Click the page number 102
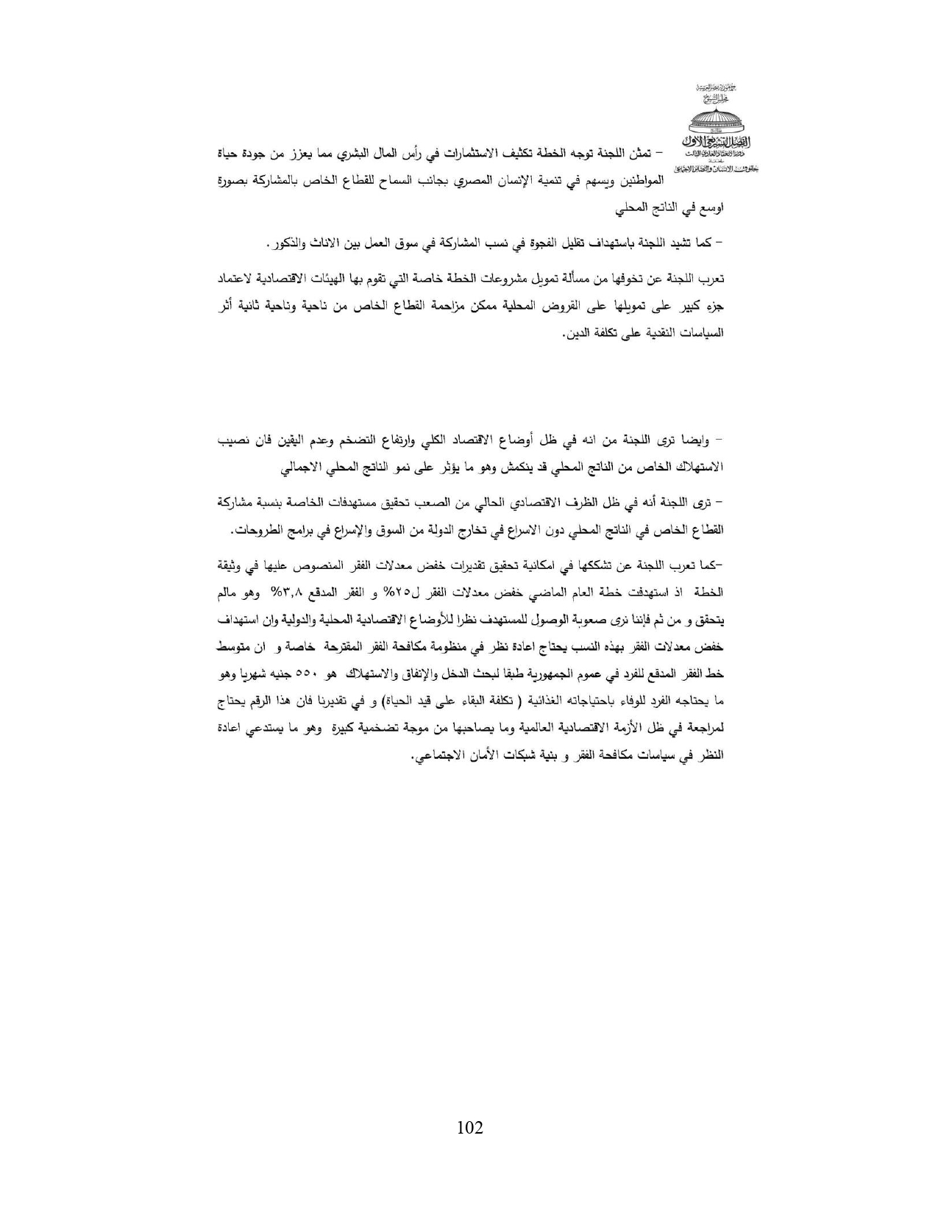pos(469,1127)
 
